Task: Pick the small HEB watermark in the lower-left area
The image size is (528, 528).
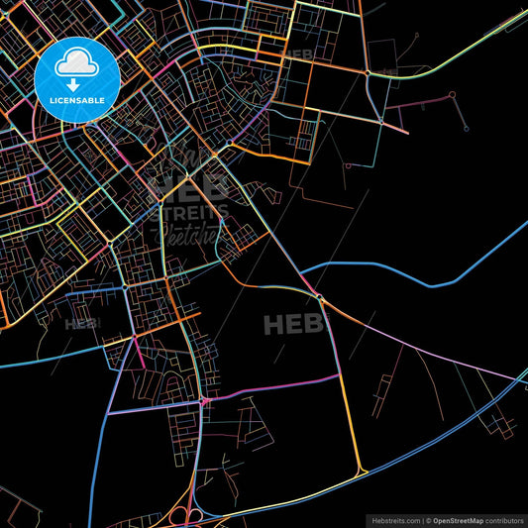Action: pyautogui.click(x=82, y=323)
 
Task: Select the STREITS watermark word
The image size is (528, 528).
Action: pyautogui.click(x=194, y=212)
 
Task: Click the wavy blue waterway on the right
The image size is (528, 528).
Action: pyautogui.click(x=436, y=267)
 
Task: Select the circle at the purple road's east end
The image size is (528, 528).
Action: pyautogui.click(x=452, y=96)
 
